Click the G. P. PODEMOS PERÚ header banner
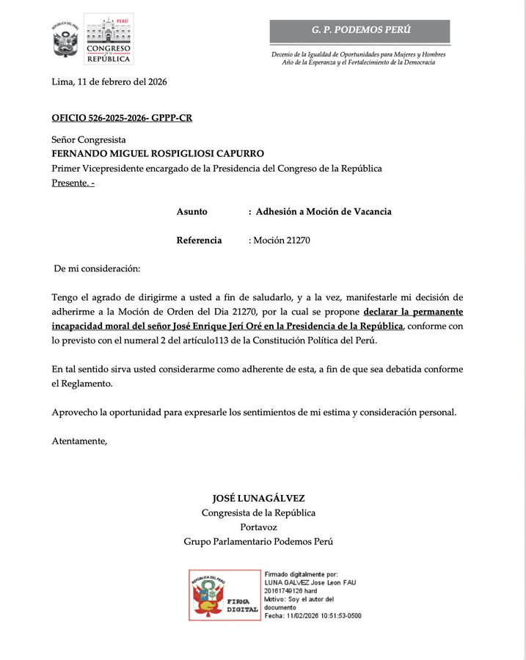[359, 30]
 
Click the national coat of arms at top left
[65, 40]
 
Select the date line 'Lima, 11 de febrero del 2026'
[109, 81]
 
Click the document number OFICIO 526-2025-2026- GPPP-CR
[122, 118]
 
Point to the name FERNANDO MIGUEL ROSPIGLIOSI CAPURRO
[158, 153]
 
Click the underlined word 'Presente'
[69, 183]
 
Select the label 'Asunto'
[191, 211]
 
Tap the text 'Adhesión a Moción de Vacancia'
[324, 211]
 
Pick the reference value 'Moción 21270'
[282, 240]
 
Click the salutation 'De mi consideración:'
[97, 268]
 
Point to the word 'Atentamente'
[79, 441]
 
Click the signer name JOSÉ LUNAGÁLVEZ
[258, 498]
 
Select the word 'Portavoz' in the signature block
[258, 527]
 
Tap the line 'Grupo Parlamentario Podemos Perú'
[258, 541]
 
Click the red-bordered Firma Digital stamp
[224, 595]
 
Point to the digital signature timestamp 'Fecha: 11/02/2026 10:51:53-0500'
[313, 615]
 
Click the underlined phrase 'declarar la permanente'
[413, 311]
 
